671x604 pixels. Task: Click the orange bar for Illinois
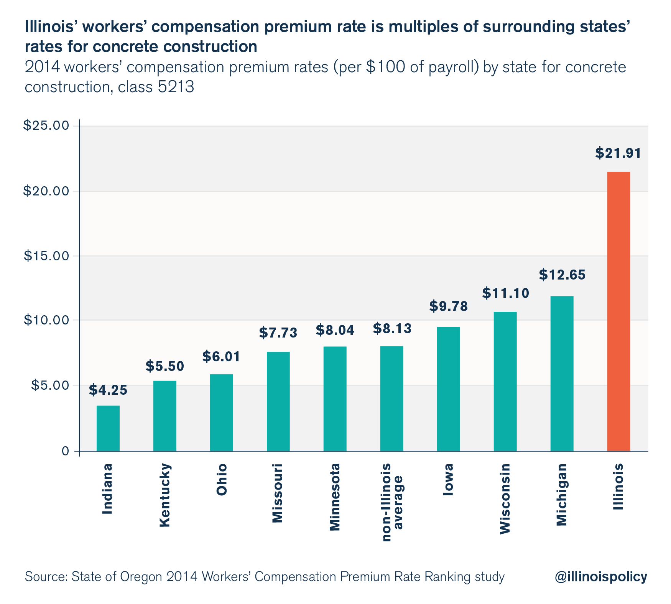(618, 311)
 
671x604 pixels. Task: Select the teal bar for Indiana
(108, 428)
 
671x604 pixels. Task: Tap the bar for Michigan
(562, 373)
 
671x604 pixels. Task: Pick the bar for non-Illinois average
(391, 399)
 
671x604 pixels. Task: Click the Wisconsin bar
(505, 381)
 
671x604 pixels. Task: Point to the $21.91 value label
(618, 154)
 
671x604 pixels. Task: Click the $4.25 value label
(108, 390)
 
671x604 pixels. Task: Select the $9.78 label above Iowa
(448, 306)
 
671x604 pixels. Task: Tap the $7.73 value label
(278, 333)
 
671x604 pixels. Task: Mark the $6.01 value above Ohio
(221, 357)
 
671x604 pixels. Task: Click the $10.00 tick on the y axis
(46, 320)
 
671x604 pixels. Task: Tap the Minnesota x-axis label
(335, 497)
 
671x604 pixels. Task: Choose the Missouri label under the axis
(277, 493)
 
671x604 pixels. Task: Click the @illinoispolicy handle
(600, 577)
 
